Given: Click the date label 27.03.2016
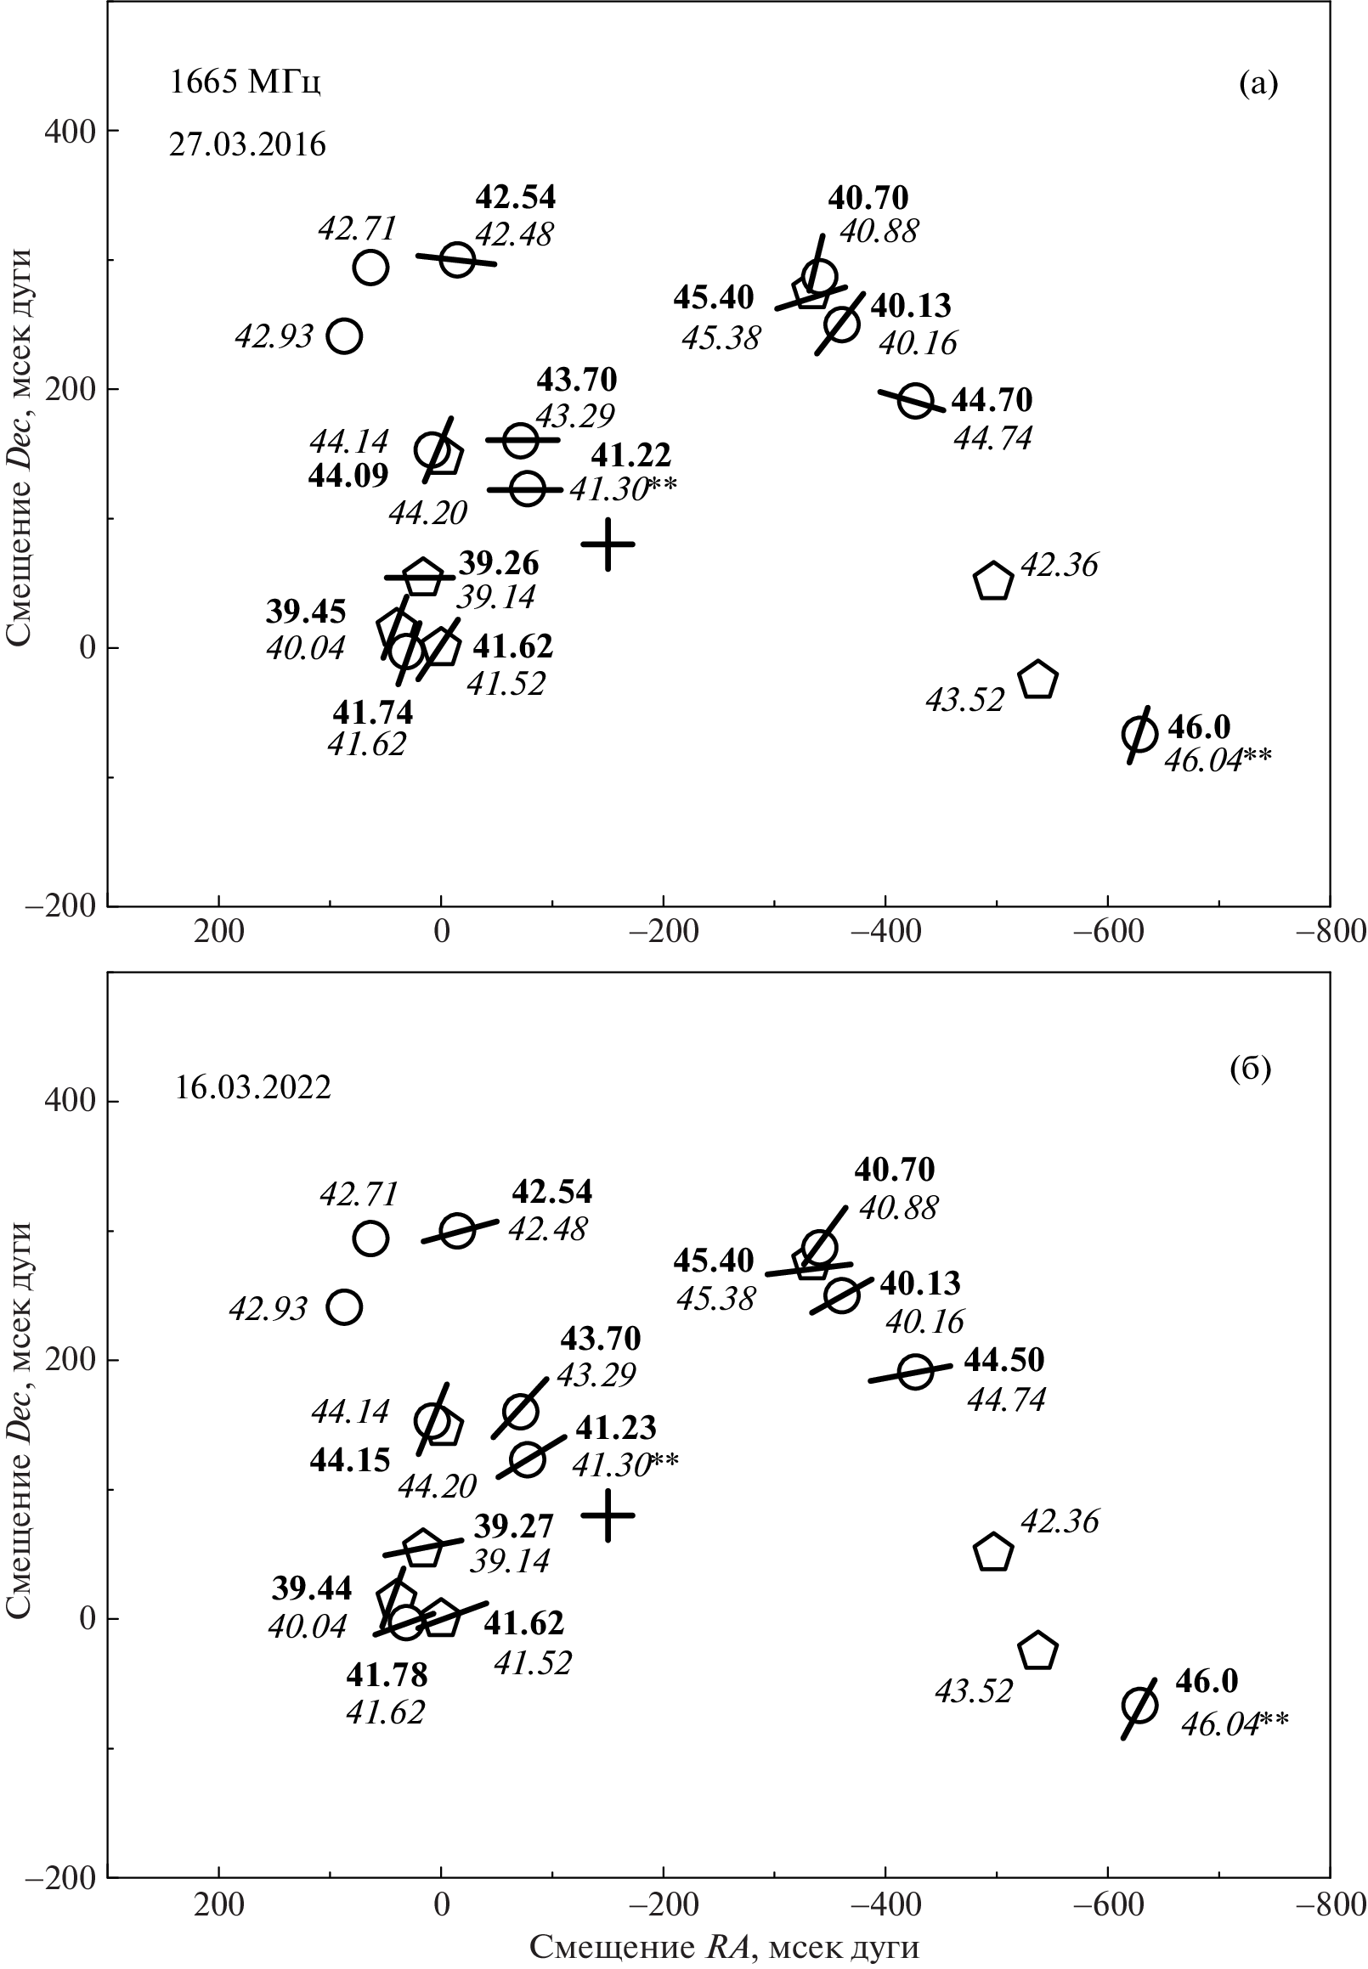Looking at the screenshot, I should (247, 144).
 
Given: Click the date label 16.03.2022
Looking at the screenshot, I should (253, 1088).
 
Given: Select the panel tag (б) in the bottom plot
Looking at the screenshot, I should (1251, 1069).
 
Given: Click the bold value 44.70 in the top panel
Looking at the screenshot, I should (992, 400).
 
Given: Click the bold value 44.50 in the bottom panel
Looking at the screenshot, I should (1003, 1360).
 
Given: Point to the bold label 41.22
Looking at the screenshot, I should (630, 454).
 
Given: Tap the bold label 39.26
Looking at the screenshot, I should (499, 564).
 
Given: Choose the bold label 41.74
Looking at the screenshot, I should (373, 712).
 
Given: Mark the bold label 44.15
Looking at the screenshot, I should (350, 1460).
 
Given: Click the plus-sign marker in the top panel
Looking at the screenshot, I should (608, 544).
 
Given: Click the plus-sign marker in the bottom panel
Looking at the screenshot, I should (608, 1515).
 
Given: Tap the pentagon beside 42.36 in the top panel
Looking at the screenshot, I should (993, 582).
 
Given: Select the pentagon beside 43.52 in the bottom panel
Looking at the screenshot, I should (1038, 1650).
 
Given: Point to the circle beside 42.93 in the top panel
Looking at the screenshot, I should (345, 336).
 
